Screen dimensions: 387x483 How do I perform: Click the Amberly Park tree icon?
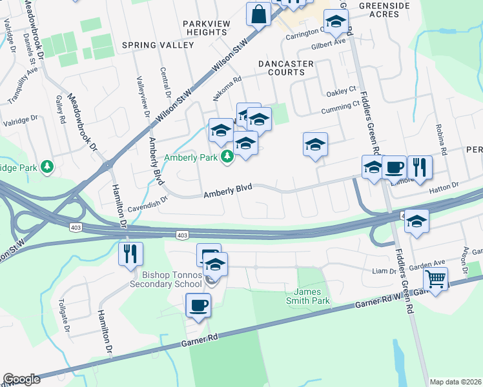coord(227,157)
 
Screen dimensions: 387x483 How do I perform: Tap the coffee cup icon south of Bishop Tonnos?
coord(198,304)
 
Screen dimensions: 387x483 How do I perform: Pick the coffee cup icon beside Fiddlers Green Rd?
coord(394,167)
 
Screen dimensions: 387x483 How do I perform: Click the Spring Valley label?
coord(158,46)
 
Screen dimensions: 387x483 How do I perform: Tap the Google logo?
coord(21,379)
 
